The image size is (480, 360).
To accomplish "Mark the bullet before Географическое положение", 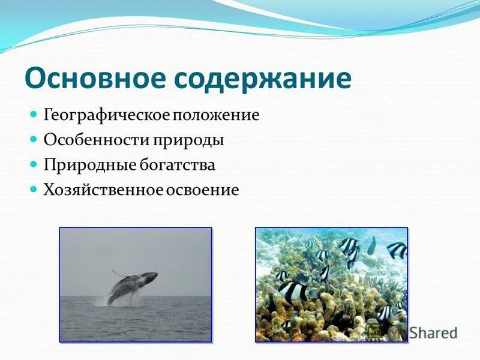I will pos(34,113).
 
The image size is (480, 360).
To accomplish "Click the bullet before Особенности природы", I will pos(34,139).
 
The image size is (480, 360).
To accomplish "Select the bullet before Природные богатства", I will pos(34,163).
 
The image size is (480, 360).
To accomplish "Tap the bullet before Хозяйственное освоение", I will pos(34,188).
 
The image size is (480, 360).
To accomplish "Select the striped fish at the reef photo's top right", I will pos(395,250).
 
